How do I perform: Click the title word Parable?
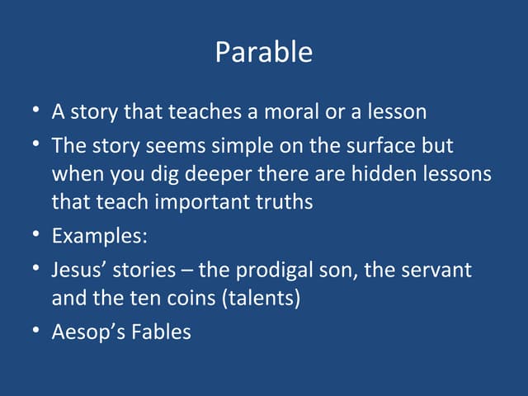(264, 53)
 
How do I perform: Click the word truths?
(284, 202)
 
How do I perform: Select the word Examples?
(100, 236)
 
